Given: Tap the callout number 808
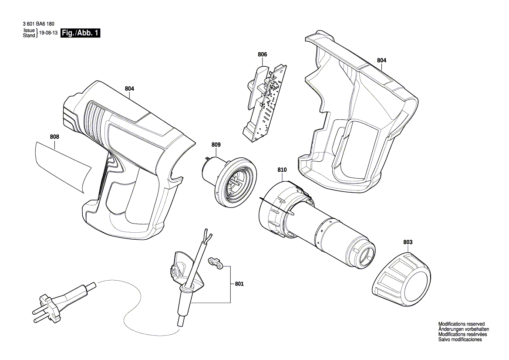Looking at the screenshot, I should (54, 136).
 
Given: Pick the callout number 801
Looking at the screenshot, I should (239, 284).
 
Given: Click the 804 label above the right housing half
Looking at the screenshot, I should (381, 60).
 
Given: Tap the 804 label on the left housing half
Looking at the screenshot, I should (129, 88).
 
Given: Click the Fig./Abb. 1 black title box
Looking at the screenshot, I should (81, 33).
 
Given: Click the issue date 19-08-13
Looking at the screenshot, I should (48, 33).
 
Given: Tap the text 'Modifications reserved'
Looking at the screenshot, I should (461, 324).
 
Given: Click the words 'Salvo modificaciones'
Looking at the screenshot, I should (460, 340).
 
